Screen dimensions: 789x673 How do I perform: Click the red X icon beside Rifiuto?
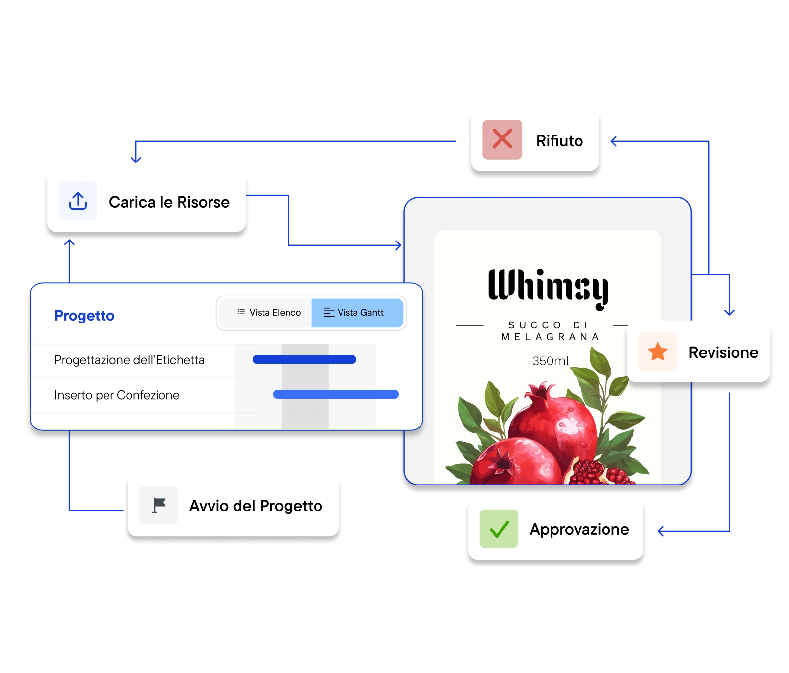click(x=502, y=139)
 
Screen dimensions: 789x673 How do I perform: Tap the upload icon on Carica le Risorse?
click(x=78, y=201)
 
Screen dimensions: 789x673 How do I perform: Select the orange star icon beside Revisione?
click(x=657, y=351)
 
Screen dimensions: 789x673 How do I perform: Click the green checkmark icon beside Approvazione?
click(x=499, y=529)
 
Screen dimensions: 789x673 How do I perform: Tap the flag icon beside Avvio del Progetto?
click(x=158, y=505)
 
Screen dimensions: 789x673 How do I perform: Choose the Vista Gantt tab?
click(x=357, y=313)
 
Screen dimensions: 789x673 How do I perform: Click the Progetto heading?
click(x=84, y=316)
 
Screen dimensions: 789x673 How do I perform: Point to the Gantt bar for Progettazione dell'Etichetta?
click(x=304, y=359)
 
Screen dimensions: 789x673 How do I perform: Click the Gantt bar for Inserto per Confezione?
click(x=336, y=394)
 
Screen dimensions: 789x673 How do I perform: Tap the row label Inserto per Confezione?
click(x=117, y=395)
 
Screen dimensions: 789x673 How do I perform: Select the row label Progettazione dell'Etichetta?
click(x=130, y=360)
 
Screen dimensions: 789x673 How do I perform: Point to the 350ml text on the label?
click(x=551, y=361)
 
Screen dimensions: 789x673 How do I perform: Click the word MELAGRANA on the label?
click(x=550, y=337)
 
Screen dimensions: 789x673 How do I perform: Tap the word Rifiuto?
click(x=559, y=141)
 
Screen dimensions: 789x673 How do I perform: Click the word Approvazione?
click(x=579, y=530)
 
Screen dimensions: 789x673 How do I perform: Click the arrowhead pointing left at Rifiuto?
click(x=613, y=141)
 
